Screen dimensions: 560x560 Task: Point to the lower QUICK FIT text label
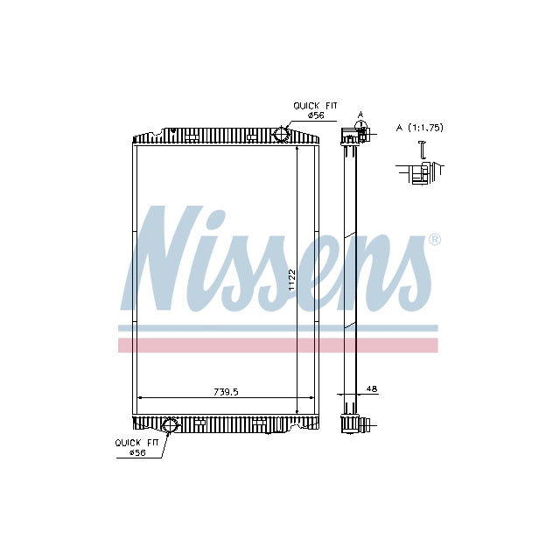(138, 443)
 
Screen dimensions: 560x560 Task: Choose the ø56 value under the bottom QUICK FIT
(136, 453)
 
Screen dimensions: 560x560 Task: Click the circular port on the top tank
(282, 134)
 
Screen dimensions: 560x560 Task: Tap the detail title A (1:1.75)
(420, 128)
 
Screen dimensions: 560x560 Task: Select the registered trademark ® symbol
(434, 240)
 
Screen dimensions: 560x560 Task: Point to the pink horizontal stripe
(277, 345)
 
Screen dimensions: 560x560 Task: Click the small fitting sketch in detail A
(423, 170)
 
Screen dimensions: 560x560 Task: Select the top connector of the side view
(353, 135)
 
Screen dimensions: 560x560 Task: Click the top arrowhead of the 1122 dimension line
(298, 149)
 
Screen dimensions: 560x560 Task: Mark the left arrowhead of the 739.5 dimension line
(138, 398)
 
